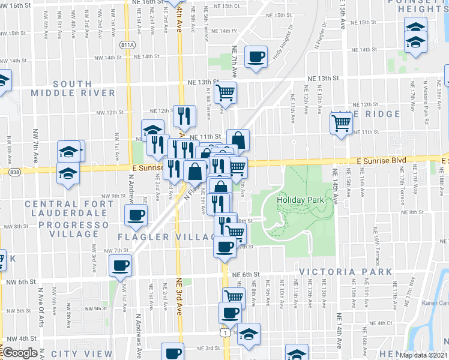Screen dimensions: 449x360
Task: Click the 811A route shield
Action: click(127, 45)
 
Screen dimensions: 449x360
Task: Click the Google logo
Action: click(20, 353)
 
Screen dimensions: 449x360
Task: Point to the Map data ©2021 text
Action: click(424, 355)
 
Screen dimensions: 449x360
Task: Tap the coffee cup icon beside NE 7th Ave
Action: click(257, 57)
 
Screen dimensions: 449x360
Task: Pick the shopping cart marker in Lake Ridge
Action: click(342, 123)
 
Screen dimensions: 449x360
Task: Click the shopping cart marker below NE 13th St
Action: click(226, 92)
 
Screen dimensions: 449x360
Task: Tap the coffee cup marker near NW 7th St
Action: click(121, 265)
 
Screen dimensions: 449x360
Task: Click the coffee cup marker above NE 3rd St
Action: click(173, 352)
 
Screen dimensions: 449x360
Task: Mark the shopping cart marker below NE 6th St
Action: click(234, 297)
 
